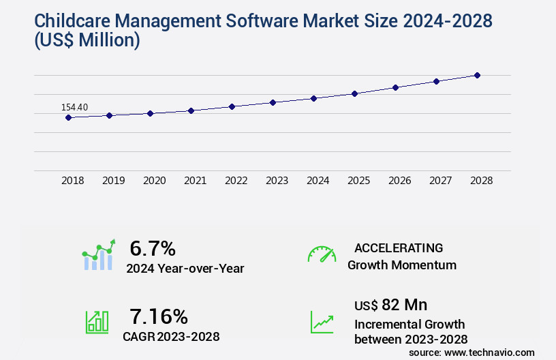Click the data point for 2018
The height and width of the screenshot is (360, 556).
pos(68,117)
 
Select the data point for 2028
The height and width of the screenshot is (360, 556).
pos(477,75)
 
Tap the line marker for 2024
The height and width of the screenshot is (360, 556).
pos(313,98)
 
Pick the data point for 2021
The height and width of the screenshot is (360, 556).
pos(191,110)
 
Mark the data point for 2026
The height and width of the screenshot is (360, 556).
pos(395,87)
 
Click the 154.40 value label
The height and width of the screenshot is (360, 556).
pos(74,107)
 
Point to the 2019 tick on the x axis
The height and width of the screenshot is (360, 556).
pos(114,181)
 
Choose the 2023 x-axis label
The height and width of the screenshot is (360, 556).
pos(277,181)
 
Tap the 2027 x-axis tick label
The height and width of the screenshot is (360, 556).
pos(440,181)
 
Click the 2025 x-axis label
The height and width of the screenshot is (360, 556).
pos(358,181)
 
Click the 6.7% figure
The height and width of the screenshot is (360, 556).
pos(153,248)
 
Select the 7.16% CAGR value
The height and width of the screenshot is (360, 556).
pos(159,316)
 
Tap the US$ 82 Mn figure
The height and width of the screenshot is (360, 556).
pos(390,304)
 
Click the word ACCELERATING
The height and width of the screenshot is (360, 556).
pos(399,248)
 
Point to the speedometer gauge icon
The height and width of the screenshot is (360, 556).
pos(322,254)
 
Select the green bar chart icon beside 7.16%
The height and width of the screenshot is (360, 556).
pos(97,321)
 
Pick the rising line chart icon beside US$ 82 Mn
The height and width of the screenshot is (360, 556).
pos(322,321)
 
